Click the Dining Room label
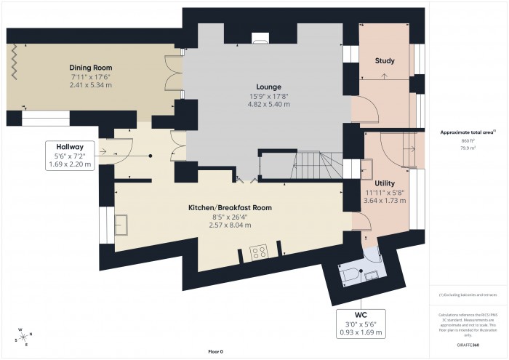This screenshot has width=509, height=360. [x=92, y=68]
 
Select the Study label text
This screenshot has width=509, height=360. [x=384, y=60]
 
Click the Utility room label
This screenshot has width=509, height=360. [x=385, y=183]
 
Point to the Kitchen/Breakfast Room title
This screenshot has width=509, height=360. [x=230, y=208]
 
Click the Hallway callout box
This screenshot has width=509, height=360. [x=71, y=155]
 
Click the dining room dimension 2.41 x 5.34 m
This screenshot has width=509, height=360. [x=92, y=85]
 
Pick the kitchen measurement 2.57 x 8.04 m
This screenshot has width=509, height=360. [x=230, y=225]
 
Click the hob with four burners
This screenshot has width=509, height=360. [x=258, y=252]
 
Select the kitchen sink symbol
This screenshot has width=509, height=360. [x=122, y=226]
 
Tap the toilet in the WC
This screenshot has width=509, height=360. [x=347, y=275]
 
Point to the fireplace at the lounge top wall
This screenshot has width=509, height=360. [x=260, y=39]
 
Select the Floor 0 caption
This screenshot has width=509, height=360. [x=216, y=352]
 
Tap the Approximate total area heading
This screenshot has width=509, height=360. [x=468, y=132]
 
